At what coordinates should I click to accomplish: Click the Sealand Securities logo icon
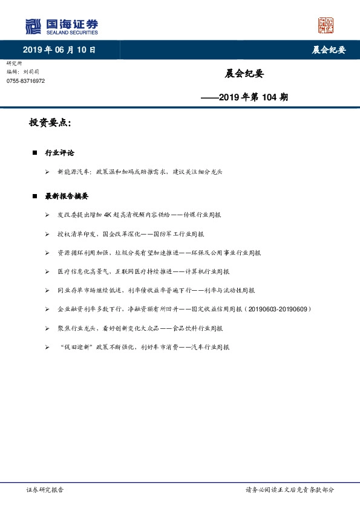pyautogui.click(x=33, y=27)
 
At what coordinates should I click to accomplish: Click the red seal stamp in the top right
pyautogui.click(x=326, y=25)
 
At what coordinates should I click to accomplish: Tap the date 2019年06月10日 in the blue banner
pyautogui.click(x=59, y=50)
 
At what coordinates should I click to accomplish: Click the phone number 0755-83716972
pyautogui.click(x=25, y=81)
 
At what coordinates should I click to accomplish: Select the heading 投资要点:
pyautogui.click(x=50, y=123)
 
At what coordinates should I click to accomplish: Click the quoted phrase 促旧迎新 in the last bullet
pyautogui.click(x=75, y=347)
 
